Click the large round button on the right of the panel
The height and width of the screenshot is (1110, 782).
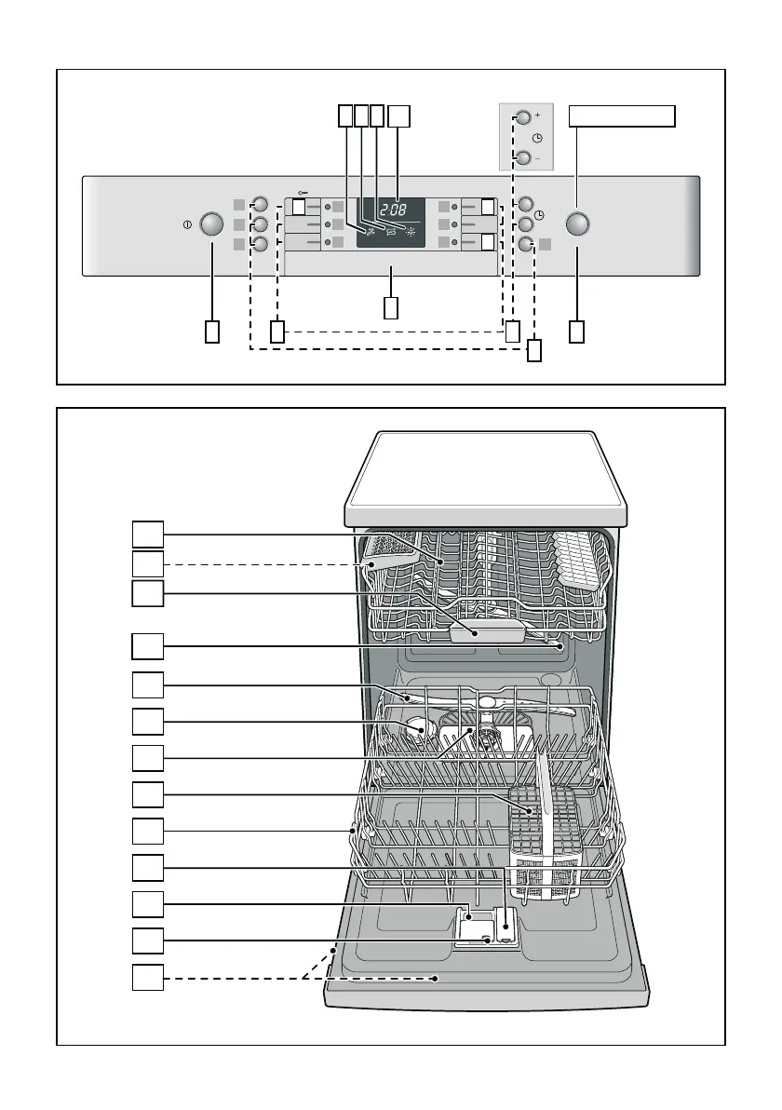pyautogui.click(x=577, y=224)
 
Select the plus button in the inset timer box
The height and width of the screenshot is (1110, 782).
pyautogui.click(x=523, y=118)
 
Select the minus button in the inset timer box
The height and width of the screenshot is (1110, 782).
pyautogui.click(x=523, y=157)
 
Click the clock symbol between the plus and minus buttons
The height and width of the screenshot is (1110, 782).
pyautogui.click(x=537, y=138)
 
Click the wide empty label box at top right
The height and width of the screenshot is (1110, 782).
pyautogui.click(x=622, y=115)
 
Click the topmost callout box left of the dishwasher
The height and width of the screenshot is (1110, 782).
pyautogui.click(x=147, y=534)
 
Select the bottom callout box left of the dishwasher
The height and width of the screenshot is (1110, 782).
pyautogui.click(x=147, y=978)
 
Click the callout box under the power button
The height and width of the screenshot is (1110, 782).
pyautogui.click(x=213, y=332)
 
